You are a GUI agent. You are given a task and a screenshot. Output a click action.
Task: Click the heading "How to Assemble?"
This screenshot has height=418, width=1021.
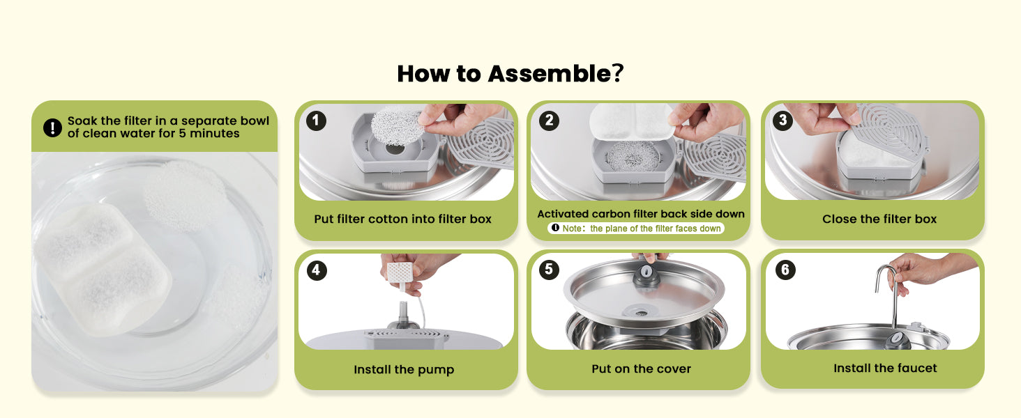(x=510, y=73)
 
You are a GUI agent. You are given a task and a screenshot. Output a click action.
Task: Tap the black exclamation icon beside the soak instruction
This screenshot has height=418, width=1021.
(x=52, y=127)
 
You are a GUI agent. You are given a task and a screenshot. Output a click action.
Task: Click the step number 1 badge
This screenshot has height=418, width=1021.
(x=316, y=121)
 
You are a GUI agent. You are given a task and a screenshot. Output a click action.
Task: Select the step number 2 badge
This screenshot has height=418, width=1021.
(x=549, y=121)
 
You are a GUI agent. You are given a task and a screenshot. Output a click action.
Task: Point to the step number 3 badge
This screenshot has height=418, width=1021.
(x=782, y=121)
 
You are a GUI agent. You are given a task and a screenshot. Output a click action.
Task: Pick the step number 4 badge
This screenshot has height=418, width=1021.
(x=317, y=270)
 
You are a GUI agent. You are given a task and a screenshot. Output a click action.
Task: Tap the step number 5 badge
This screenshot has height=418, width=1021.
(x=549, y=270)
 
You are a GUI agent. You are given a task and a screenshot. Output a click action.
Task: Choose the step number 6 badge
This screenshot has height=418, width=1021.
(x=785, y=270)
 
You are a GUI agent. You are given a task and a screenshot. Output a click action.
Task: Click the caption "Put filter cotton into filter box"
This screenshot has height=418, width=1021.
(x=402, y=219)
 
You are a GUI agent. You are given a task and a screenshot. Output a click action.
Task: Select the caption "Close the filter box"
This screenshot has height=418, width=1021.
(x=879, y=219)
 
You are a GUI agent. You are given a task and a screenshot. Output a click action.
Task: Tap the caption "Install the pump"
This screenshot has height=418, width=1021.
(x=404, y=369)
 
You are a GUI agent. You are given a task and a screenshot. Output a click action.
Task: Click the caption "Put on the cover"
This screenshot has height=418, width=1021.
(x=641, y=369)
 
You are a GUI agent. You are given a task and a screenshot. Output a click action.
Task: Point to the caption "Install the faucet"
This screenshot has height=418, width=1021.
(x=885, y=368)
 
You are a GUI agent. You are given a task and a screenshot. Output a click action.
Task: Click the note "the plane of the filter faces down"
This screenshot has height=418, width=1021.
(x=656, y=229)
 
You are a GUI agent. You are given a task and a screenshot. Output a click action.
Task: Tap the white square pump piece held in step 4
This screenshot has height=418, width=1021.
(x=400, y=272)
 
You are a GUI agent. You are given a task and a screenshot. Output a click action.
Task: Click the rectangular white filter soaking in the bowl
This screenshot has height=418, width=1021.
(x=103, y=270)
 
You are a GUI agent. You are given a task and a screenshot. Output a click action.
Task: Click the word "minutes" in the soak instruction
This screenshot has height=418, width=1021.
(x=214, y=134)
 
